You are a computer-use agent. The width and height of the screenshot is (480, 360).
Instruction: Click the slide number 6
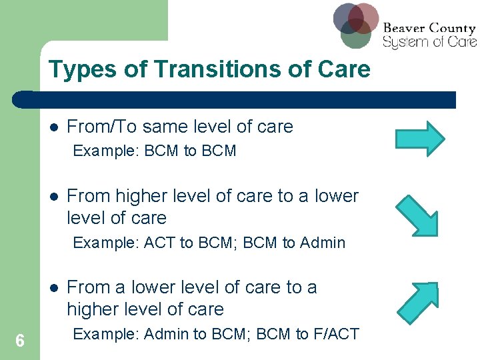(20, 341)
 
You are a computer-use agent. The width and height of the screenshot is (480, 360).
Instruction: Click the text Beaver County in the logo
(429, 28)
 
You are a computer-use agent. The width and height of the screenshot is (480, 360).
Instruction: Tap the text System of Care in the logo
(429, 42)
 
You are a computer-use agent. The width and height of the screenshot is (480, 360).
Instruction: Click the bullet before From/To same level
(53, 127)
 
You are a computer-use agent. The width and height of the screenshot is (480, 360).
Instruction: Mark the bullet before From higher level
(53, 197)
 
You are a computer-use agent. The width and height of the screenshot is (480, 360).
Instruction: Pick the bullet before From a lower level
(53, 288)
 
